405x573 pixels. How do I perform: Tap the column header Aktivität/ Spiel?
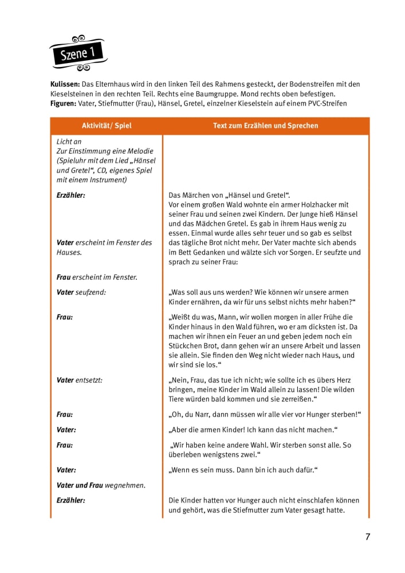point(107,125)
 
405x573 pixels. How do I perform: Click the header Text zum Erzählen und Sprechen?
point(266,125)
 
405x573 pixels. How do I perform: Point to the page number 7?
point(368,537)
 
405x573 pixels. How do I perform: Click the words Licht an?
point(69,141)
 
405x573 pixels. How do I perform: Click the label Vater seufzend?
point(81,292)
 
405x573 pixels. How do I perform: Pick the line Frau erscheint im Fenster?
point(97,277)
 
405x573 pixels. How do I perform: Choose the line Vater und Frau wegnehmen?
point(101,485)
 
